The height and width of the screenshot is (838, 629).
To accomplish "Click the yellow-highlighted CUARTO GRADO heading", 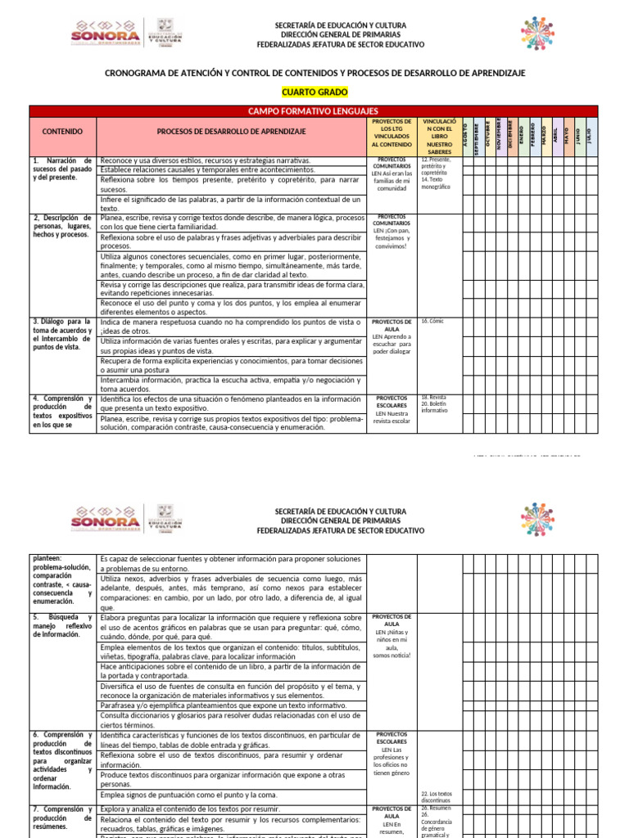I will pyautogui.click(x=314, y=92).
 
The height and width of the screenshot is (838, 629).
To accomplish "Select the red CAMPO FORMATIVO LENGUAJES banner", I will pyautogui.click(x=314, y=110).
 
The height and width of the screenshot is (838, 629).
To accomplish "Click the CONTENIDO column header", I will pyautogui.click(x=62, y=131).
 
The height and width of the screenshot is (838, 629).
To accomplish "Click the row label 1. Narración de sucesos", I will pyautogui.click(x=62, y=169).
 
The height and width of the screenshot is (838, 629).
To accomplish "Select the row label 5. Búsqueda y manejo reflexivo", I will pyautogui.click(x=62, y=624).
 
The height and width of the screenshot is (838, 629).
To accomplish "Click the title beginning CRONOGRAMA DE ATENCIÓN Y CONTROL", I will pyautogui.click(x=314, y=74).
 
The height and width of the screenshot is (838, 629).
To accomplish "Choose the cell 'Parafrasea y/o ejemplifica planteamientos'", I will pyautogui.click(x=230, y=705).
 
